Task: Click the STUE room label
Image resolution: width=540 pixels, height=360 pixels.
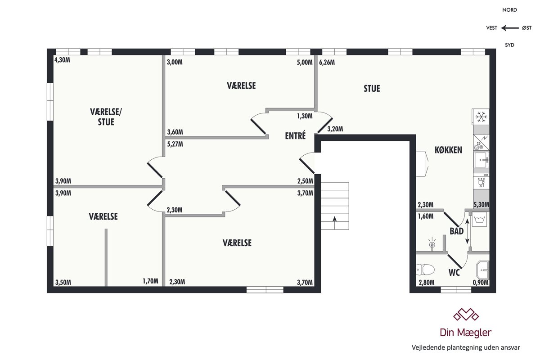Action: (372, 89)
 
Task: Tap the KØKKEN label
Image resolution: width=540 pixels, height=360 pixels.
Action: (448, 150)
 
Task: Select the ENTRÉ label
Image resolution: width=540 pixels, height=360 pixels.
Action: (295, 135)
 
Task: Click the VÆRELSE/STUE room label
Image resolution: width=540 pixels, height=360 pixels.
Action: (106, 117)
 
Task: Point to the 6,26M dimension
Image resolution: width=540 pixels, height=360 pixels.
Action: (327, 63)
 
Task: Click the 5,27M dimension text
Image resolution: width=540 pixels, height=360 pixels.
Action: (175, 144)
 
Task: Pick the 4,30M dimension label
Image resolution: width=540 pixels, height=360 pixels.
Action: (62, 60)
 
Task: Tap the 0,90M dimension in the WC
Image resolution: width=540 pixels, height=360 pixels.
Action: (481, 283)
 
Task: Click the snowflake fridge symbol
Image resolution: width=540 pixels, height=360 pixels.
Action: (481, 117)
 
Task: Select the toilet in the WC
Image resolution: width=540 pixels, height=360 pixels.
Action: (425, 270)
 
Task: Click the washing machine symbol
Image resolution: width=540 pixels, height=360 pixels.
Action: (479, 219)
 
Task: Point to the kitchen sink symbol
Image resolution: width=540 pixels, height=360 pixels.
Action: (481, 160)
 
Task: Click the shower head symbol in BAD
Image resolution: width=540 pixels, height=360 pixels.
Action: (432, 243)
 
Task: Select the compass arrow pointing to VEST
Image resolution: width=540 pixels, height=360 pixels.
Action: (509, 28)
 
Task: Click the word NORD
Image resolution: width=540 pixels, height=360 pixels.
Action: (509, 10)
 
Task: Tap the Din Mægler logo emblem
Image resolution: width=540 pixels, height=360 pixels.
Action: (466, 315)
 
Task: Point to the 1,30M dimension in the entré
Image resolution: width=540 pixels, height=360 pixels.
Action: (305, 116)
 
